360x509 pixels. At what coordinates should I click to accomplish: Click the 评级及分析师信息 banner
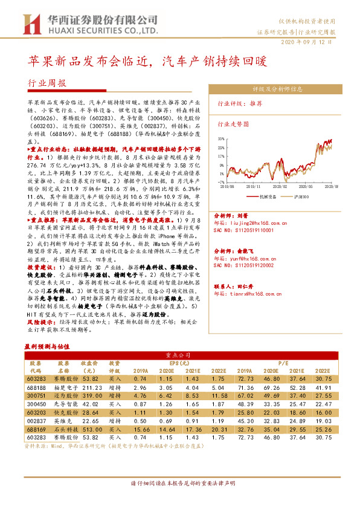tap(277, 88)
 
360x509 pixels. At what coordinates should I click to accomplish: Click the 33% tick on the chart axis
tap(220, 138)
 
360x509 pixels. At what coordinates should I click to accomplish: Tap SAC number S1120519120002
tap(249, 265)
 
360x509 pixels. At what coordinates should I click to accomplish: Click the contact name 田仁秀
tap(248, 287)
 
